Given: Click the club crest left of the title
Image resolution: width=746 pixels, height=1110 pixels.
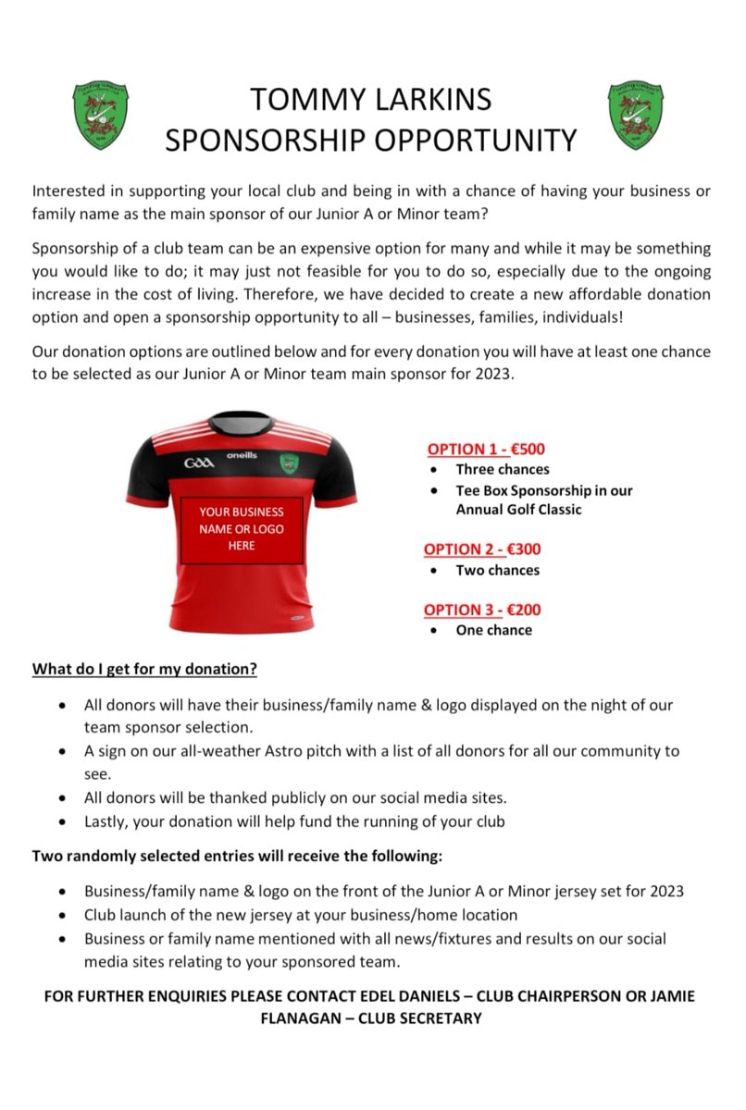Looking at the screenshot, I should (101, 115).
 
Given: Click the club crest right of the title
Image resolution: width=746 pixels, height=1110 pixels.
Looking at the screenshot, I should (636, 115).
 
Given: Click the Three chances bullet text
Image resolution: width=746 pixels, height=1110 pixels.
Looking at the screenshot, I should (502, 470).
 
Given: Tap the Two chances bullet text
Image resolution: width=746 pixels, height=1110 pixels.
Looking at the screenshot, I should (497, 570).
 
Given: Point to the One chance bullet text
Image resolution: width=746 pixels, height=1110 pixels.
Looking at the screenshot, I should (493, 630).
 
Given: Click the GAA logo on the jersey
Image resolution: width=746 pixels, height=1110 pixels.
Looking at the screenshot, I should (198, 462).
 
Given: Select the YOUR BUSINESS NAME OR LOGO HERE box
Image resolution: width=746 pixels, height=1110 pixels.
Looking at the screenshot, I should (242, 529).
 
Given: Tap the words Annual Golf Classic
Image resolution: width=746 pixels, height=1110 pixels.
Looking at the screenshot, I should (518, 510).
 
